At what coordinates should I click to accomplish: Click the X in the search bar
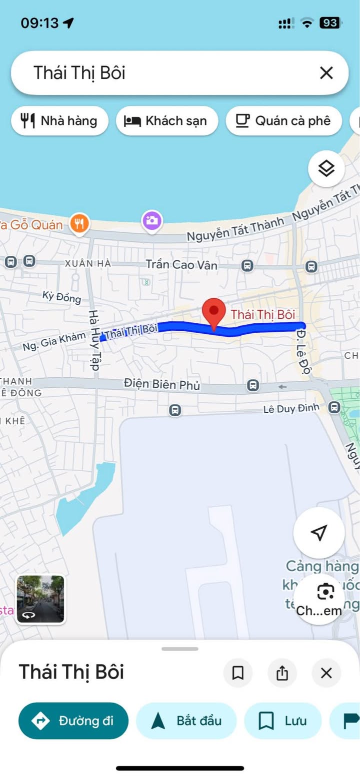tap(326, 73)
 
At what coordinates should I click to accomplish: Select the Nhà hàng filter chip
tap(59, 120)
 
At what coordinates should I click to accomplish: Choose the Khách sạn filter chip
tap(167, 120)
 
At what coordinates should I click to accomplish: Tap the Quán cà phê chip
tap(283, 120)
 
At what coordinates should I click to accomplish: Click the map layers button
tap(326, 169)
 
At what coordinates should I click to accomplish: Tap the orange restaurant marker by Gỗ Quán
tap(79, 223)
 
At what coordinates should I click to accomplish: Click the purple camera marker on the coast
tap(152, 220)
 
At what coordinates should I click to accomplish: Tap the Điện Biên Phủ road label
tap(161, 385)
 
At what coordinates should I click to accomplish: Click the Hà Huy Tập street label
tap(94, 340)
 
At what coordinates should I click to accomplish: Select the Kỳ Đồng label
tap(61, 297)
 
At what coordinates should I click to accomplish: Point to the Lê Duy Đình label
tap(291, 409)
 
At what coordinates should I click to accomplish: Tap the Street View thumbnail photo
tap(40, 599)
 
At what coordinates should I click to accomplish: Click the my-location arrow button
tap(318, 533)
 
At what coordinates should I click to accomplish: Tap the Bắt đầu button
tap(186, 721)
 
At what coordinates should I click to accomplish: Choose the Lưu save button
tap(282, 721)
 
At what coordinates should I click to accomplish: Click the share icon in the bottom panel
tap(282, 673)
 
